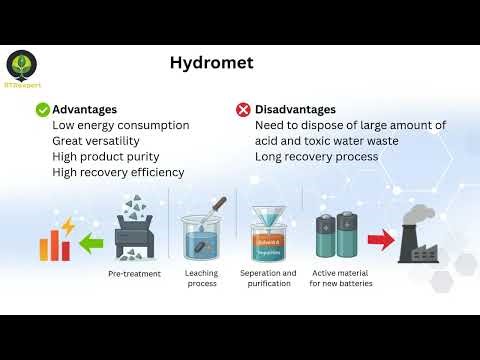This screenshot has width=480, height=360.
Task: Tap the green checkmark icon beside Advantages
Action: [43, 109]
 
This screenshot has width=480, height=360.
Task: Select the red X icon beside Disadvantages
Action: [243, 109]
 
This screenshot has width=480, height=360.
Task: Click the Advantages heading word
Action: [84, 109]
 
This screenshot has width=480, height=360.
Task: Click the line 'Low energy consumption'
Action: [120, 125]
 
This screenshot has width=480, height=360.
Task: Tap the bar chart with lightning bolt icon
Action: [51, 238]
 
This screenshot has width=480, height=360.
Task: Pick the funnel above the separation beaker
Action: [268, 213]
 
